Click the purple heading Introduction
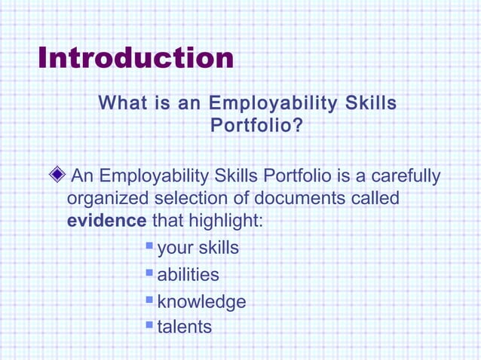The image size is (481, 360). [x=136, y=59]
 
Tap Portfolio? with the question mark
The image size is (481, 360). [x=256, y=125]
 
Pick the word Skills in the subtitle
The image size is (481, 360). [x=371, y=102]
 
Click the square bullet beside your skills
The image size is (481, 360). [x=149, y=246]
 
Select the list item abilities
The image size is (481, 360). [x=188, y=275]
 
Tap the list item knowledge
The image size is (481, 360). [x=201, y=301]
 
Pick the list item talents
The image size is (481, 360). [x=184, y=327]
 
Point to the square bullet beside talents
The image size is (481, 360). [x=149, y=325]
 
